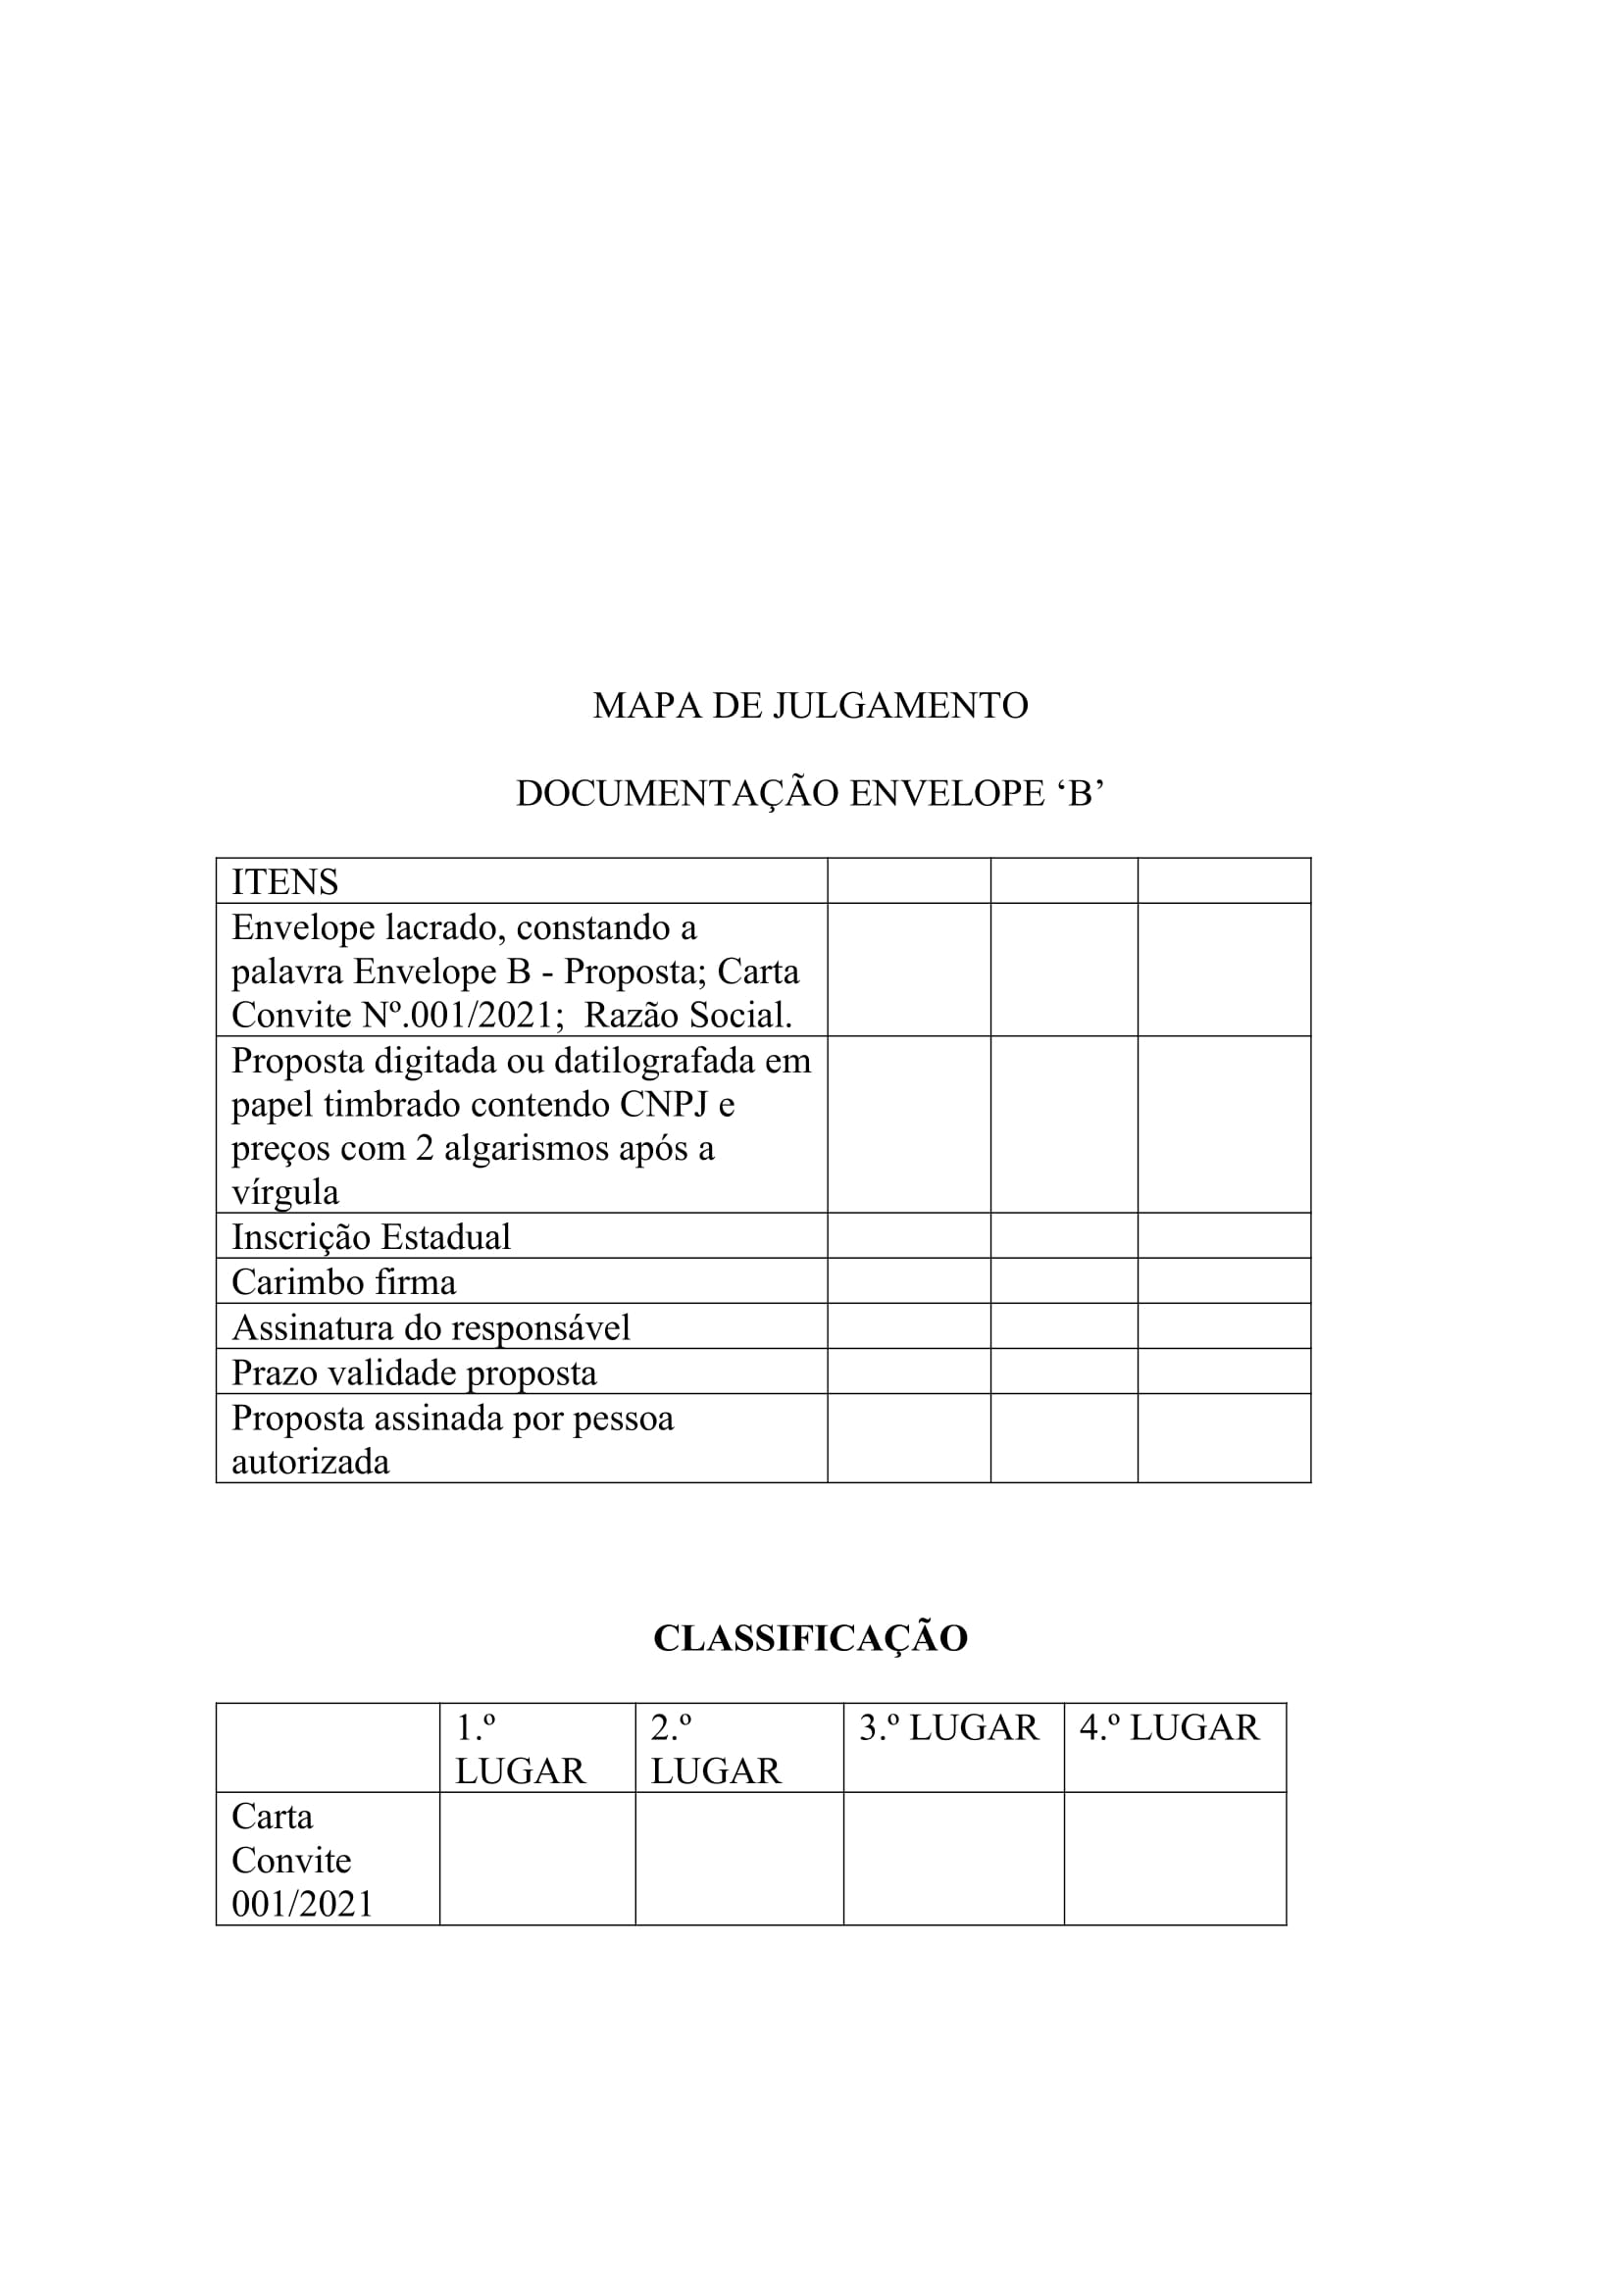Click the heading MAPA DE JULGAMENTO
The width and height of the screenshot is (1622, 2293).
click(810, 706)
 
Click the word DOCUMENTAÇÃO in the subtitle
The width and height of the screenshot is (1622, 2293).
click(677, 794)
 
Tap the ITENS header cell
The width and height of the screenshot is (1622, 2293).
click(284, 882)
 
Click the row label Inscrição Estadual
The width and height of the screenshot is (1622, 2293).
click(371, 1237)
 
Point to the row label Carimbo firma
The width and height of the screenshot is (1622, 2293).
click(343, 1282)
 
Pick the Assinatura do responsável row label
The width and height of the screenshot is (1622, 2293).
click(431, 1327)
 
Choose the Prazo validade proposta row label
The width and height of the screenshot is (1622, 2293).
click(414, 1373)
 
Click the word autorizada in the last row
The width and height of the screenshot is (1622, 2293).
click(310, 1462)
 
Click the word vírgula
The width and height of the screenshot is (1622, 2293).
click(284, 1192)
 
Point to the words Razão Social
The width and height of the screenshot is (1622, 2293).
click(687, 1016)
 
